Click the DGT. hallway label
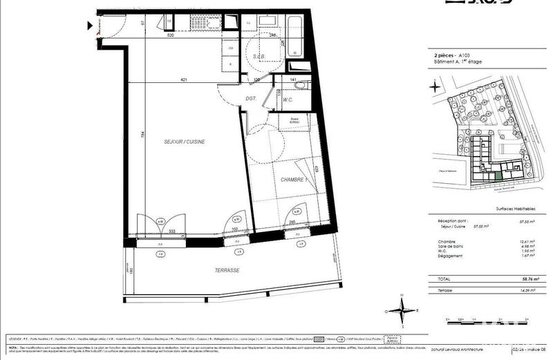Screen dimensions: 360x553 coord(251,99)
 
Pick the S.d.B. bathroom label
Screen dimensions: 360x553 coord(260,55)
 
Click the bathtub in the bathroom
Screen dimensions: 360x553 coord(294,36)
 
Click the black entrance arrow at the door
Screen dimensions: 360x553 coord(91,27)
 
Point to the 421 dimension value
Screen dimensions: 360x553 coord(184,79)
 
